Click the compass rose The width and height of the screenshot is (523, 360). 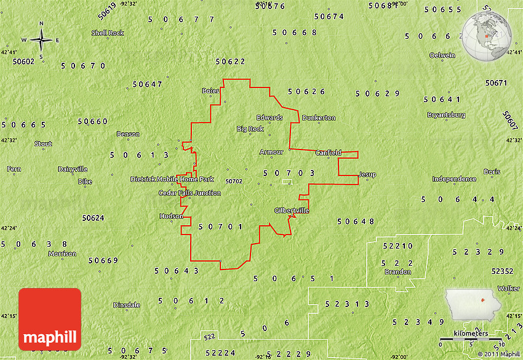tap(41, 41)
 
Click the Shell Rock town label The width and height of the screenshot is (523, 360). tap(108, 33)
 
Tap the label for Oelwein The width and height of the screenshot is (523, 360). tap(442, 55)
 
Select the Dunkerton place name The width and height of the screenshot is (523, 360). tap(319, 118)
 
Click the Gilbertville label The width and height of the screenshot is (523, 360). tap(292, 210)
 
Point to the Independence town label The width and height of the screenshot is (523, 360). tap(454, 179)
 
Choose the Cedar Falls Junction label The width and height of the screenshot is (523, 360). tap(190, 193)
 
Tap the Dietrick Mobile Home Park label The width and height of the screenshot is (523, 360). tap(172, 179)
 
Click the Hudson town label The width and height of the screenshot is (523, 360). tap(171, 216)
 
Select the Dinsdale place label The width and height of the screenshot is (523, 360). tap(127, 305)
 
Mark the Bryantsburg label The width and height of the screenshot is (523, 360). tap(446, 114)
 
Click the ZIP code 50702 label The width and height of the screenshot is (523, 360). tap(234, 182)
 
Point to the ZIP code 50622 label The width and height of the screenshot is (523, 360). tap(231, 62)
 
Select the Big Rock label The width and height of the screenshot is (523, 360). tap(250, 129)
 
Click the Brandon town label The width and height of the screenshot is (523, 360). tap(397, 271)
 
